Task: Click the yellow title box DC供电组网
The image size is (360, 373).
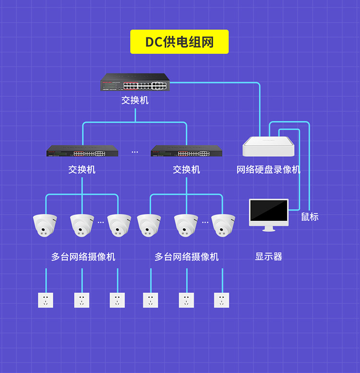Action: (180, 42)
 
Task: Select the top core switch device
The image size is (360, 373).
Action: (135, 82)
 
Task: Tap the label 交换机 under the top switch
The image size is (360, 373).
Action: (135, 100)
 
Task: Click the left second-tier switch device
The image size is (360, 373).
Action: (82, 152)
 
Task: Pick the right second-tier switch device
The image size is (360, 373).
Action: (186, 152)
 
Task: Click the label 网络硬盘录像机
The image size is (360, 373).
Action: (268, 170)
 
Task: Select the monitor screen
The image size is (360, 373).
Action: (269, 212)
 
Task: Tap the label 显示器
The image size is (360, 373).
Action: (268, 256)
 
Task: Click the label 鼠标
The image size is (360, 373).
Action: (310, 217)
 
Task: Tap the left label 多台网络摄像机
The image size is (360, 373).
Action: (83, 256)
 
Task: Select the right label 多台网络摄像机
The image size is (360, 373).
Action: (186, 256)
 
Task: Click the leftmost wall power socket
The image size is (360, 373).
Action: (46, 300)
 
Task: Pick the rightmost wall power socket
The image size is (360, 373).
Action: (222, 300)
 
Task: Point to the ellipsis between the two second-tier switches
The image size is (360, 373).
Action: (134, 152)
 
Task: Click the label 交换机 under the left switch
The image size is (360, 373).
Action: (82, 170)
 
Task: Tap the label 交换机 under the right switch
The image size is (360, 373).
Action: (186, 170)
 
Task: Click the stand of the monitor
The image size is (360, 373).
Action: (269, 228)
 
